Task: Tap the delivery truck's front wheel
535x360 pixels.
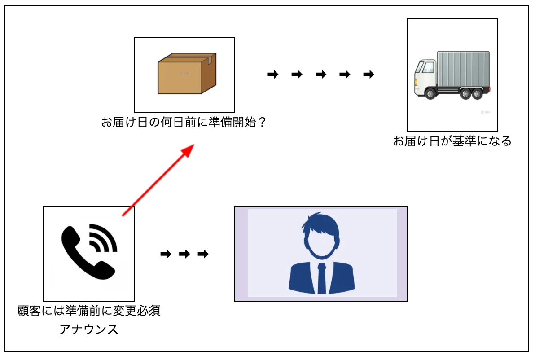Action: (431, 93)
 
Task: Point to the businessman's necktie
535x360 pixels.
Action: (321, 278)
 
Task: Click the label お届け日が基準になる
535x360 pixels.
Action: (452, 141)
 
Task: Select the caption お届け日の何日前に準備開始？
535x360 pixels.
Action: (184, 123)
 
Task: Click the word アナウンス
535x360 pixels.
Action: (89, 330)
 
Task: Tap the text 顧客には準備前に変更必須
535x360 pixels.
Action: (89, 311)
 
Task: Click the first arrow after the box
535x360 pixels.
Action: (273, 75)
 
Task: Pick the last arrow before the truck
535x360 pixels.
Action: (368, 75)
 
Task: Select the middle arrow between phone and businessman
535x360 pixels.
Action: (184, 255)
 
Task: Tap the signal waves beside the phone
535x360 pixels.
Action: (104, 238)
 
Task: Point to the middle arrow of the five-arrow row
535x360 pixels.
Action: (321, 75)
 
